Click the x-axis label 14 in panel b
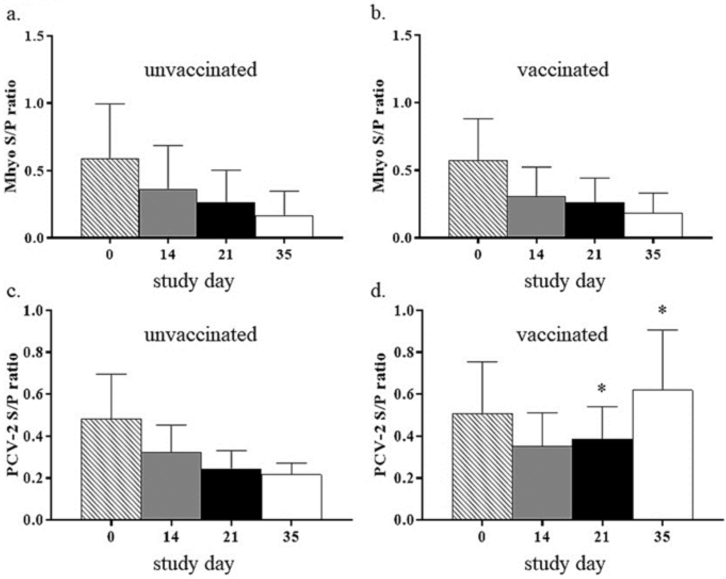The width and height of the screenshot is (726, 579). coord(536,254)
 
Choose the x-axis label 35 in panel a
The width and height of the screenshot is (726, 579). coord(284,254)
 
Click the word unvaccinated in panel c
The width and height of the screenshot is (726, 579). coord(201,334)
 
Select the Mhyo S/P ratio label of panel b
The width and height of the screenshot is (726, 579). coord(379,136)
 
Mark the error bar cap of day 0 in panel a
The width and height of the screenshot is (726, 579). coord(110,104)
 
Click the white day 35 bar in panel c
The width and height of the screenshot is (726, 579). coord(292,497)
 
